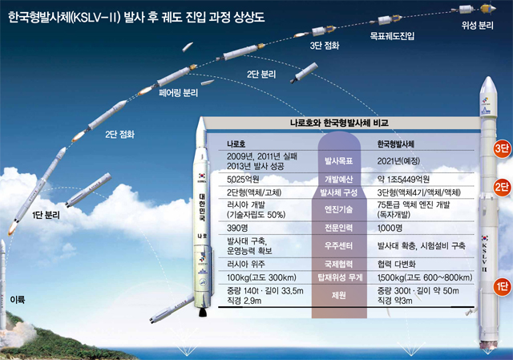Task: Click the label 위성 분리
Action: click(478, 26)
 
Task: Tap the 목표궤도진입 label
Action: click(392, 35)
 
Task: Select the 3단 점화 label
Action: click(325, 46)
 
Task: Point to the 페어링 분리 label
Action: click(178, 93)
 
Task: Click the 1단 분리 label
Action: click(46, 215)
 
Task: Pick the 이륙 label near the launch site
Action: click(18, 299)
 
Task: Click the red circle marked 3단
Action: click(502, 148)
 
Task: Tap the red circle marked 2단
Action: click(502, 187)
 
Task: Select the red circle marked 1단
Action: click(502, 287)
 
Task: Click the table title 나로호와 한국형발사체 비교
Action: click(339, 123)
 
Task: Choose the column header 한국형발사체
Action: click(395, 144)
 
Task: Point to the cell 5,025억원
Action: click(243, 180)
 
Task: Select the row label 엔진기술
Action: click(338, 209)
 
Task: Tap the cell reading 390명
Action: click(237, 228)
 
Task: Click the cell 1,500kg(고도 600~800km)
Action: click(425, 277)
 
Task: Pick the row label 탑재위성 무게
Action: click(340, 277)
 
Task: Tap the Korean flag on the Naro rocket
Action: click(202, 176)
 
